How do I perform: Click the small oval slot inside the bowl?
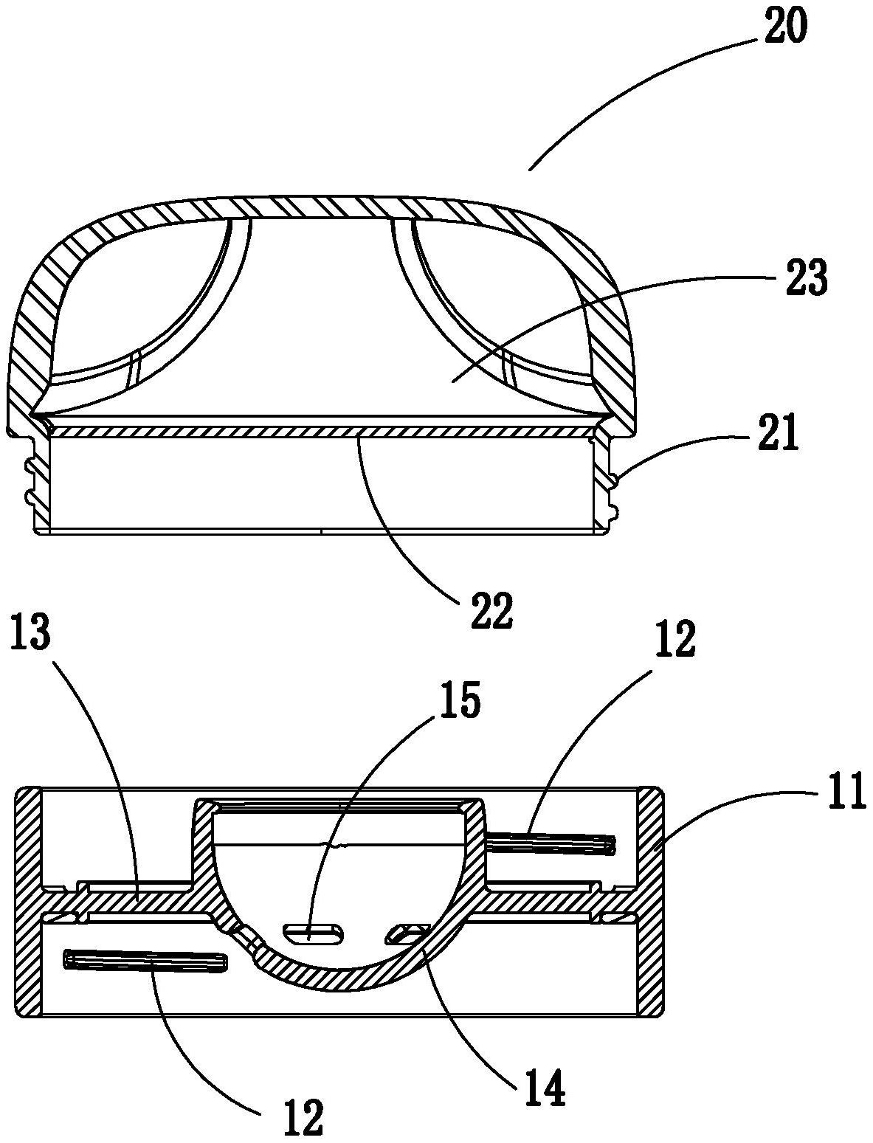(x=314, y=933)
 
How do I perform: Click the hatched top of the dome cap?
(x=325, y=207)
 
